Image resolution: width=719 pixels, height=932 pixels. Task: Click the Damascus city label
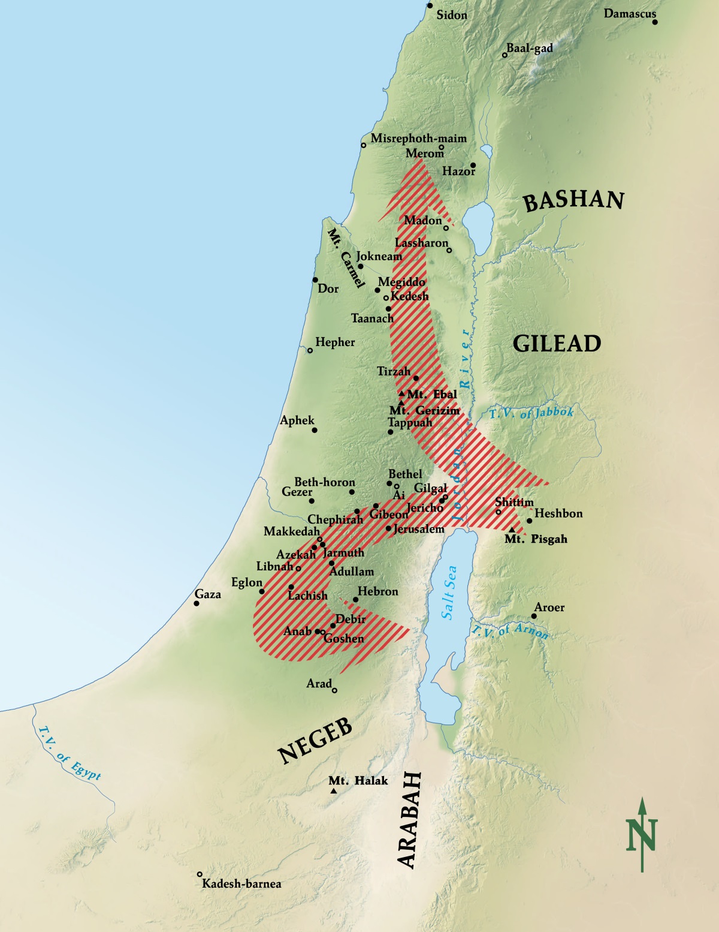point(630,13)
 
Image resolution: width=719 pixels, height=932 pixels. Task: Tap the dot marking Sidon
point(430,5)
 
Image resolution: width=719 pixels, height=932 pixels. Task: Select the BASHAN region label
point(573,200)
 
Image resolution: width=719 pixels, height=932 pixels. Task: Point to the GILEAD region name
point(557,344)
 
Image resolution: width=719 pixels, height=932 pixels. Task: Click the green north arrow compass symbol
point(642,834)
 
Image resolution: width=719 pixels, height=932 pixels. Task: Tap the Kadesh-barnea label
point(241,883)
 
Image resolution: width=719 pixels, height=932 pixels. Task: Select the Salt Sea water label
point(449,593)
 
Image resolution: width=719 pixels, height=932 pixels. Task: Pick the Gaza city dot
point(197,603)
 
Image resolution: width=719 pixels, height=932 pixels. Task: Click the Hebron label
point(378,591)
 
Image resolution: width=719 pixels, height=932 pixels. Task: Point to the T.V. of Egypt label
point(70,753)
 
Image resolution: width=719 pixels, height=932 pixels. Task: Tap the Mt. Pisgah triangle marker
point(511,530)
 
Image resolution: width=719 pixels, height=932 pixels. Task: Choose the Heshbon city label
point(558,513)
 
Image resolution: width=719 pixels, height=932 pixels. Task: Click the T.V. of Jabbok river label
point(531,413)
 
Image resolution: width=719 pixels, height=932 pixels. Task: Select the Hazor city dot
point(473,165)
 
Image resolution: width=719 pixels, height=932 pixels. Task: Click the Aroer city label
point(549,608)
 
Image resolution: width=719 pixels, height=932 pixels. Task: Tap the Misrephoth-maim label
point(418,138)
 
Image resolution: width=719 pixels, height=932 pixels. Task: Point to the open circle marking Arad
point(334,690)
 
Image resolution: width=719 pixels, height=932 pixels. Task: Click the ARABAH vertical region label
point(409,820)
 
